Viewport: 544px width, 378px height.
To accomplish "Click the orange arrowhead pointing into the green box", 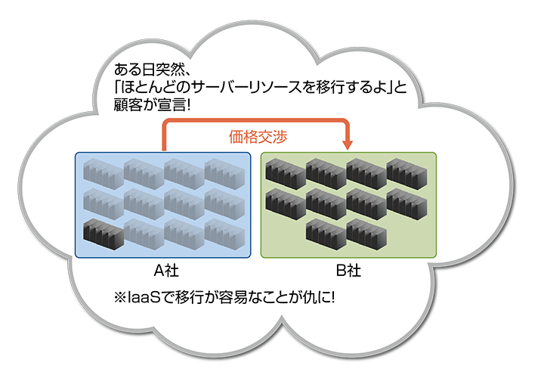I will pos(348,144).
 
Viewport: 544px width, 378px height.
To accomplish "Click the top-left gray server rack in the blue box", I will pos(103,172).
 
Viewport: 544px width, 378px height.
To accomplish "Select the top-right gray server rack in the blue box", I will pos(224,172).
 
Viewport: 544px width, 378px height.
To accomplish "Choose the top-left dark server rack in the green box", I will pos(286,172).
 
